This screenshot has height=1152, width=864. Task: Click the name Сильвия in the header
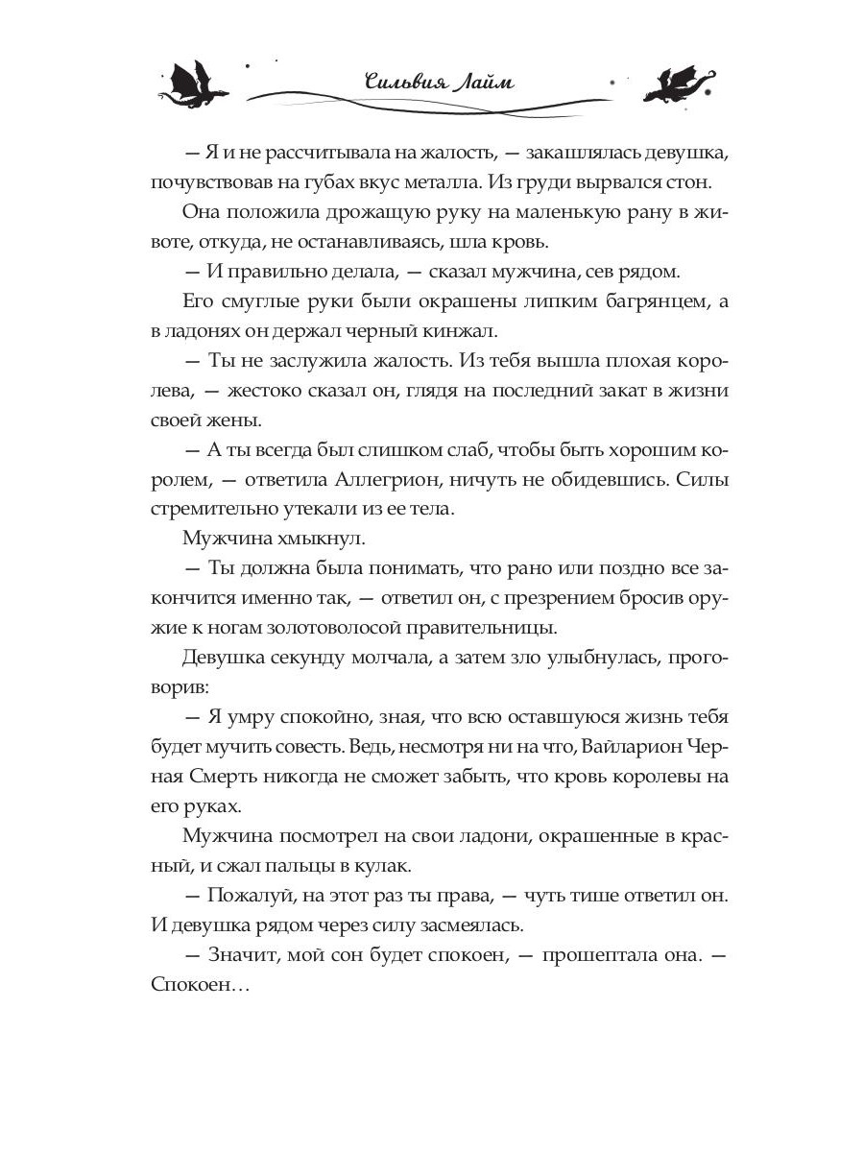403,81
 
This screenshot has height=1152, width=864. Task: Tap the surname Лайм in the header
482,81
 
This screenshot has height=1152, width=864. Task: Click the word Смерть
212,776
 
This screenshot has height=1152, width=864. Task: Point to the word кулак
384,865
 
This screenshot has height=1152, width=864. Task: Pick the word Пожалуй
240,896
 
